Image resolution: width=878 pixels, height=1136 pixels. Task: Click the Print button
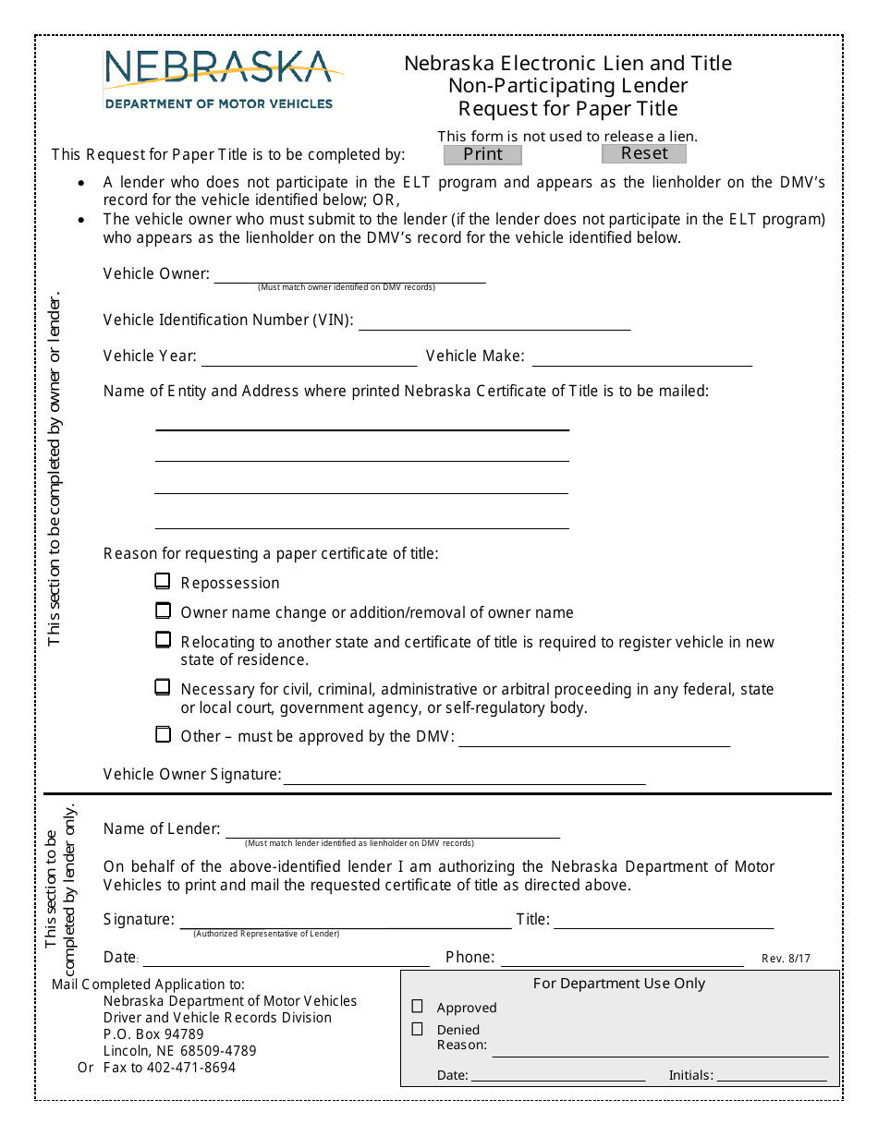pyautogui.click(x=482, y=154)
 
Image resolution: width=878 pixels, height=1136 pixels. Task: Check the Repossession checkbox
pyautogui.click(x=163, y=582)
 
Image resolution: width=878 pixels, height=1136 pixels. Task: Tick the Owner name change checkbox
pyautogui.click(x=163, y=611)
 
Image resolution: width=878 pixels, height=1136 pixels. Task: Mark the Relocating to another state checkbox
pyautogui.click(x=163, y=640)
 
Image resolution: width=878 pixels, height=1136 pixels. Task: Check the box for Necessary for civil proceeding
pyautogui.click(x=163, y=688)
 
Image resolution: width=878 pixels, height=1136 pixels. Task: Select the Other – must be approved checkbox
pyautogui.click(x=163, y=735)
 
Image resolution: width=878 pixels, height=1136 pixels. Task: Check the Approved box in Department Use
pyautogui.click(x=418, y=1007)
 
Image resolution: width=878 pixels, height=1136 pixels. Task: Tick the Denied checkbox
pyautogui.click(x=418, y=1029)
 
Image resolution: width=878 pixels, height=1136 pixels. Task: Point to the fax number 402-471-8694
pyautogui.click(x=183, y=1068)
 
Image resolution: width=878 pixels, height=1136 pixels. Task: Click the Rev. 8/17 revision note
pyautogui.click(x=786, y=959)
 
